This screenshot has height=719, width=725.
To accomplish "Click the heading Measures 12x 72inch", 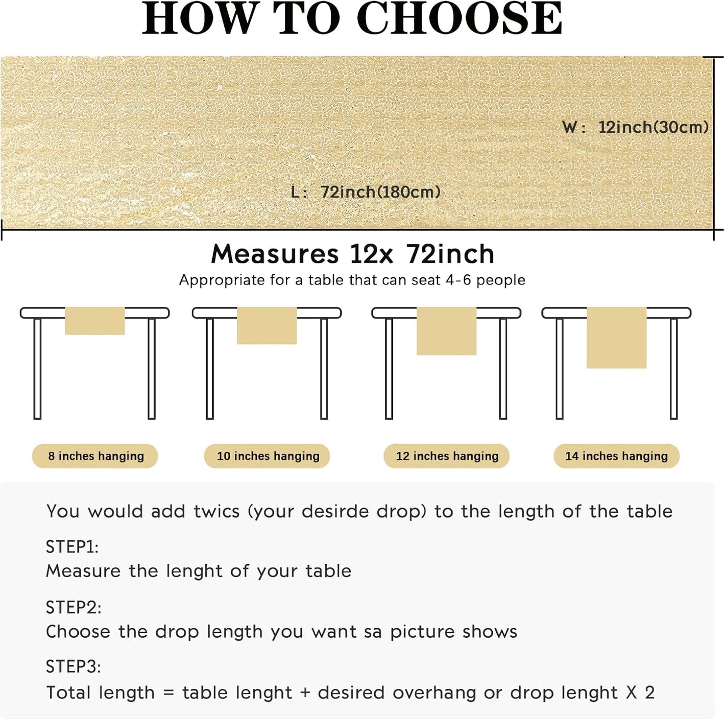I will (353, 254).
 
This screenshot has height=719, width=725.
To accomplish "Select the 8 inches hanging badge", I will (95, 456).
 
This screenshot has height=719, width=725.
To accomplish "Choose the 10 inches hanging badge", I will (267, 456).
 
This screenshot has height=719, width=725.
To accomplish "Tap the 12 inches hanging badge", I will (447, 456).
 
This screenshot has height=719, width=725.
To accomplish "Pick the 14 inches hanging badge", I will (616, 456).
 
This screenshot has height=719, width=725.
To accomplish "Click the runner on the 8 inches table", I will (95, 321).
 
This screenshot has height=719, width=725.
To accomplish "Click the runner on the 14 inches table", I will (616, 338).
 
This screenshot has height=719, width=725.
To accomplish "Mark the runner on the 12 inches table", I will (446, 331).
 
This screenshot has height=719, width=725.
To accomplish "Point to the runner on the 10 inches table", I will (267, 326).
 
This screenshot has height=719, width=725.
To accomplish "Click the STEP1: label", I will (72, 547).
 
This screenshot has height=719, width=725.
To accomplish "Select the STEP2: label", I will (73, 607).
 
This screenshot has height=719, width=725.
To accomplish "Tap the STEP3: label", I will (73, 666).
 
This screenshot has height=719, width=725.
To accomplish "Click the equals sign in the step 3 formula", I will (169, 693).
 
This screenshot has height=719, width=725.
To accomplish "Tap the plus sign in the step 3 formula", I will (305, 693).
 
